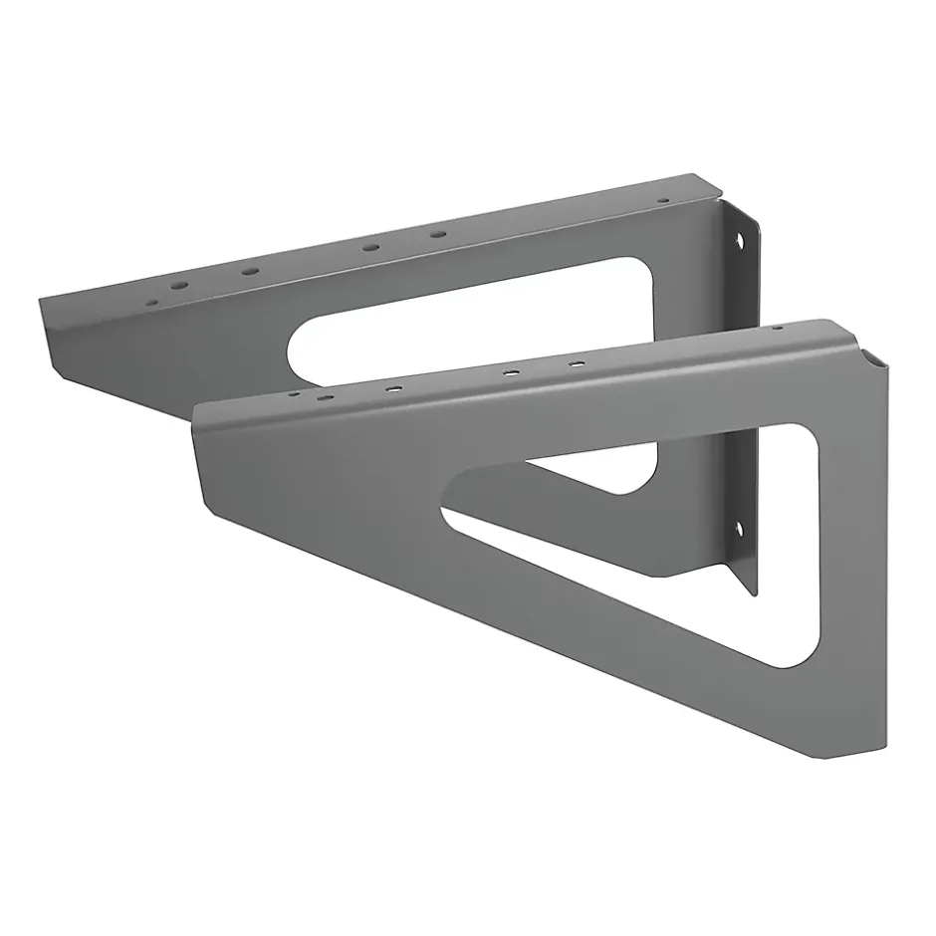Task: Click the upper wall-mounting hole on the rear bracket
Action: click(x=739, y=240)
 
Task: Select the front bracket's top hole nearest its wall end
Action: click(x=777, y=328)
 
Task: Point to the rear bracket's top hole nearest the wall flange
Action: click(x=662, y=200)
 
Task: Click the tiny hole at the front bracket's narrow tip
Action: click(x=293, y=394)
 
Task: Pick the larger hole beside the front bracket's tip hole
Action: click(x=326, y=397)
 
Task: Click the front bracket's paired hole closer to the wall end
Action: click(x=576, y=364)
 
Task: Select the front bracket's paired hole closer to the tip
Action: click(x=510, y=372)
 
